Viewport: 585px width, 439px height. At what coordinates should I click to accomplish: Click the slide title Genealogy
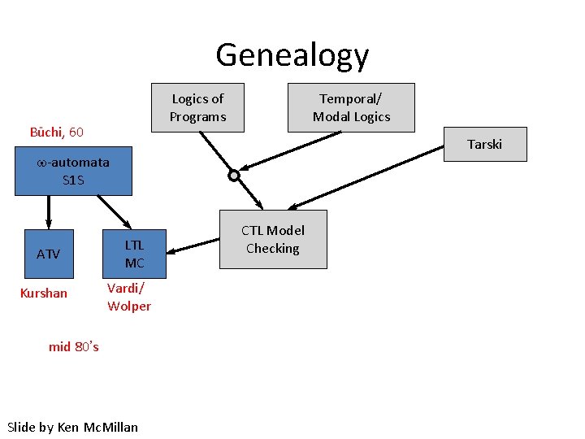click(292, 55)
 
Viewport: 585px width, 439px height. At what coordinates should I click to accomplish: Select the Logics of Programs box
click(197, 107)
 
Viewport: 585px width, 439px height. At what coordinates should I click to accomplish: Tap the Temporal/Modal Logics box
click(351, 107)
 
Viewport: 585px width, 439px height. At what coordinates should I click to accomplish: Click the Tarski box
click(484, 144)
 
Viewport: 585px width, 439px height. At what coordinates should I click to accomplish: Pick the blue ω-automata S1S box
click(73, 171)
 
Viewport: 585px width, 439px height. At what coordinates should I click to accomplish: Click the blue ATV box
click(49, 254)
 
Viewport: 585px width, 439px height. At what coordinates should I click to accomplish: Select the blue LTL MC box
click(134, 254)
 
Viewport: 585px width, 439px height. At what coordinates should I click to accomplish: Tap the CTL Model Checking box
click(273, 239)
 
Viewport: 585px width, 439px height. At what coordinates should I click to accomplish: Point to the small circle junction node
click(234, 175)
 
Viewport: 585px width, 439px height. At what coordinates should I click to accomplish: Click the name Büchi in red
click(46, 132)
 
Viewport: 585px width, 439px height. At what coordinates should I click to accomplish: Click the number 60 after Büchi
click(76, 132)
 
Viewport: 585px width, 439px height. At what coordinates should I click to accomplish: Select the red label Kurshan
click(43, 293)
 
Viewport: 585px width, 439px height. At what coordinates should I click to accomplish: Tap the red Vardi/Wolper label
click(129, 298)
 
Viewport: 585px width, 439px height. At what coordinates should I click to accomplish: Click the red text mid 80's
click(74, 346)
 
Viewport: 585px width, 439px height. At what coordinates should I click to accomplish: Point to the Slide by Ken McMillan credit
click(72, 427)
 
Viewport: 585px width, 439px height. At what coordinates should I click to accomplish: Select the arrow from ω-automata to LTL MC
click(114, 212)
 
